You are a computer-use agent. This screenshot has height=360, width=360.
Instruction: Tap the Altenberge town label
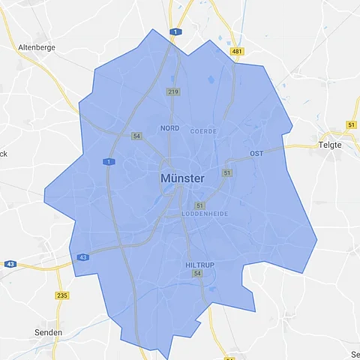37,46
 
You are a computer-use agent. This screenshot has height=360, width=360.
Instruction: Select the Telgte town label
330,145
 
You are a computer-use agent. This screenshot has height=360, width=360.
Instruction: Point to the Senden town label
49,331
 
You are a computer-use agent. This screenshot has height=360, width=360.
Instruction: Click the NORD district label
170,128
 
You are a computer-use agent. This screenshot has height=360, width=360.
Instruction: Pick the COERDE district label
203,130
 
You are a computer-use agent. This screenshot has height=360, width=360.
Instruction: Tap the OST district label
256,154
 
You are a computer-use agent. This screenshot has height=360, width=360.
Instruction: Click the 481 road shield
238,51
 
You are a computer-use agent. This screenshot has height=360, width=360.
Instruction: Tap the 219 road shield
173,91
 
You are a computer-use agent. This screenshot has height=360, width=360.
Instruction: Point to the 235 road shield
61,295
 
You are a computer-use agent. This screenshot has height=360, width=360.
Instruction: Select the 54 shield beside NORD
136,136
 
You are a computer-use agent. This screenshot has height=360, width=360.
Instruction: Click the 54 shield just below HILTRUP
197,274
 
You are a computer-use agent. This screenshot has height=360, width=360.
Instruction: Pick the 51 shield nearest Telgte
352,124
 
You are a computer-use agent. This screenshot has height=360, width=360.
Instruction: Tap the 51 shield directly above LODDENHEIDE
199,205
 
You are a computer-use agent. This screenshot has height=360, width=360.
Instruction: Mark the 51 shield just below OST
226,173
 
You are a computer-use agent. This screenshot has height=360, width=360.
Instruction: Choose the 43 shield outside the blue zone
10,264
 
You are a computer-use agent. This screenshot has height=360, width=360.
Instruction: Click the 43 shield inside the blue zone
82,257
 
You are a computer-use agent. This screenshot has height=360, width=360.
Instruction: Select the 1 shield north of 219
175,32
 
